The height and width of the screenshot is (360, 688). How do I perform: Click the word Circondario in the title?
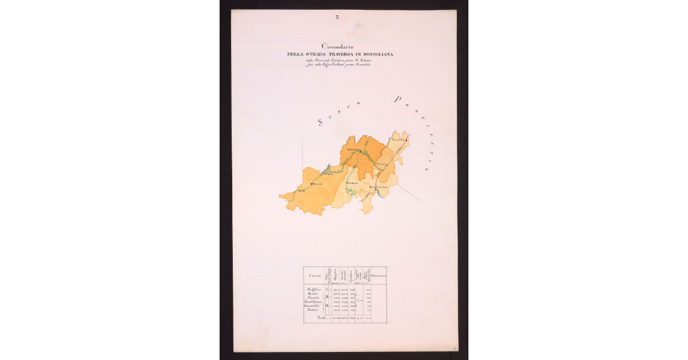pyautogui.click(x=338, y=46)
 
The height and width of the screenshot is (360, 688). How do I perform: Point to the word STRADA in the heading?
pyautogui.click(x=319, y=54)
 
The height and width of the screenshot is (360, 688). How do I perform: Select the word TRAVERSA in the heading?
pyautogui.click(x=344, y=54)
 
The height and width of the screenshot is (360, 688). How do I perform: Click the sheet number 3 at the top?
pyautogui.click(x=337, y=17)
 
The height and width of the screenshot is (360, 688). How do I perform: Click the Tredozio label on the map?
pyautogui.click(x=353, y=182)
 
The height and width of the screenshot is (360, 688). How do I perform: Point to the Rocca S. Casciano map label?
pyautogui.click(x=382, y=187)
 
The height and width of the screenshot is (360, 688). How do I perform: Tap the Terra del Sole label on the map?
pyautogui.click(x=398, y=139)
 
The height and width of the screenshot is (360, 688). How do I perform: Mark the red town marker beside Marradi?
pyautogui.click(x=311, y=183)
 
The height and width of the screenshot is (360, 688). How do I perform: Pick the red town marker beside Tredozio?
pyautogui.click(x=346, y=183)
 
